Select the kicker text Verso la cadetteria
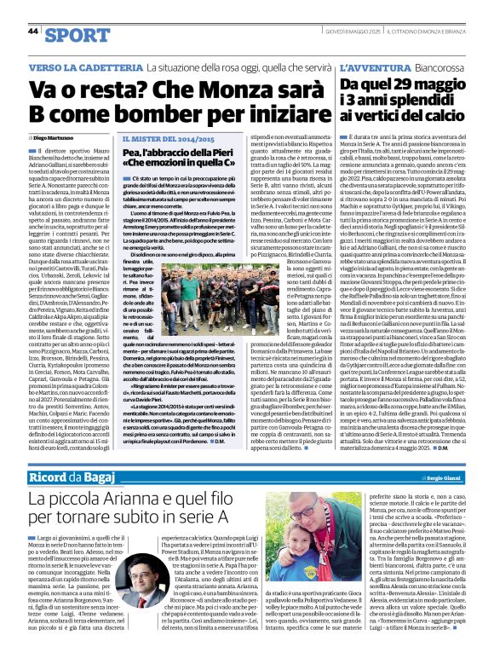click(80, 66)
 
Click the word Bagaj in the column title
click(113, 473)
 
